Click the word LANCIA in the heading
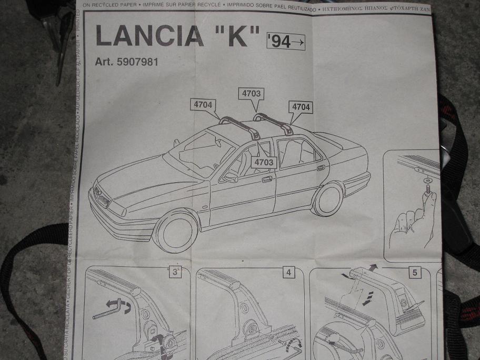[149, 37]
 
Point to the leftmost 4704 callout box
[203, 105]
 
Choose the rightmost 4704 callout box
[301, 107]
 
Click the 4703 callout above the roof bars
[251, 94]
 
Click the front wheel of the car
[177, 231]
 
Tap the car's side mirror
[230, 177]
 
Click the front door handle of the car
[267, 179]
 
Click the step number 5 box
[415, 273]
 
